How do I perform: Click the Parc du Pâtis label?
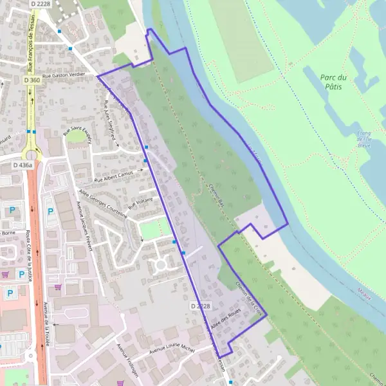[333, 82]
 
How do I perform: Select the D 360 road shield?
[32, 80]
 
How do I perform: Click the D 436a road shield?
[23, 165]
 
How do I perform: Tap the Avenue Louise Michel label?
[171, 349]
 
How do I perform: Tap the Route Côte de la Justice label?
[29, 247]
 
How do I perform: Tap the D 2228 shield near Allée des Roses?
[201, 306]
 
